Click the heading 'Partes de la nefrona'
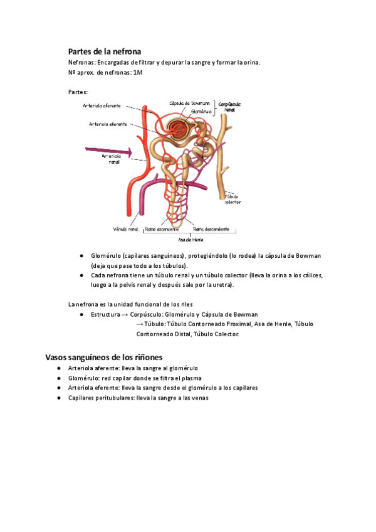coord(104,51)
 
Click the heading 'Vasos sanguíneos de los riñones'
coord(104,357)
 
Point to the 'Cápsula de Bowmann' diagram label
coord(189,103)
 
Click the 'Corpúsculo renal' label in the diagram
coord(227,105)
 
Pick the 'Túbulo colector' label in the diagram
coord(232,198)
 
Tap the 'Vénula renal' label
coord(125,229)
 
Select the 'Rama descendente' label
coord(211,229)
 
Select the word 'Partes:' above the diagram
coord(78,92)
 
